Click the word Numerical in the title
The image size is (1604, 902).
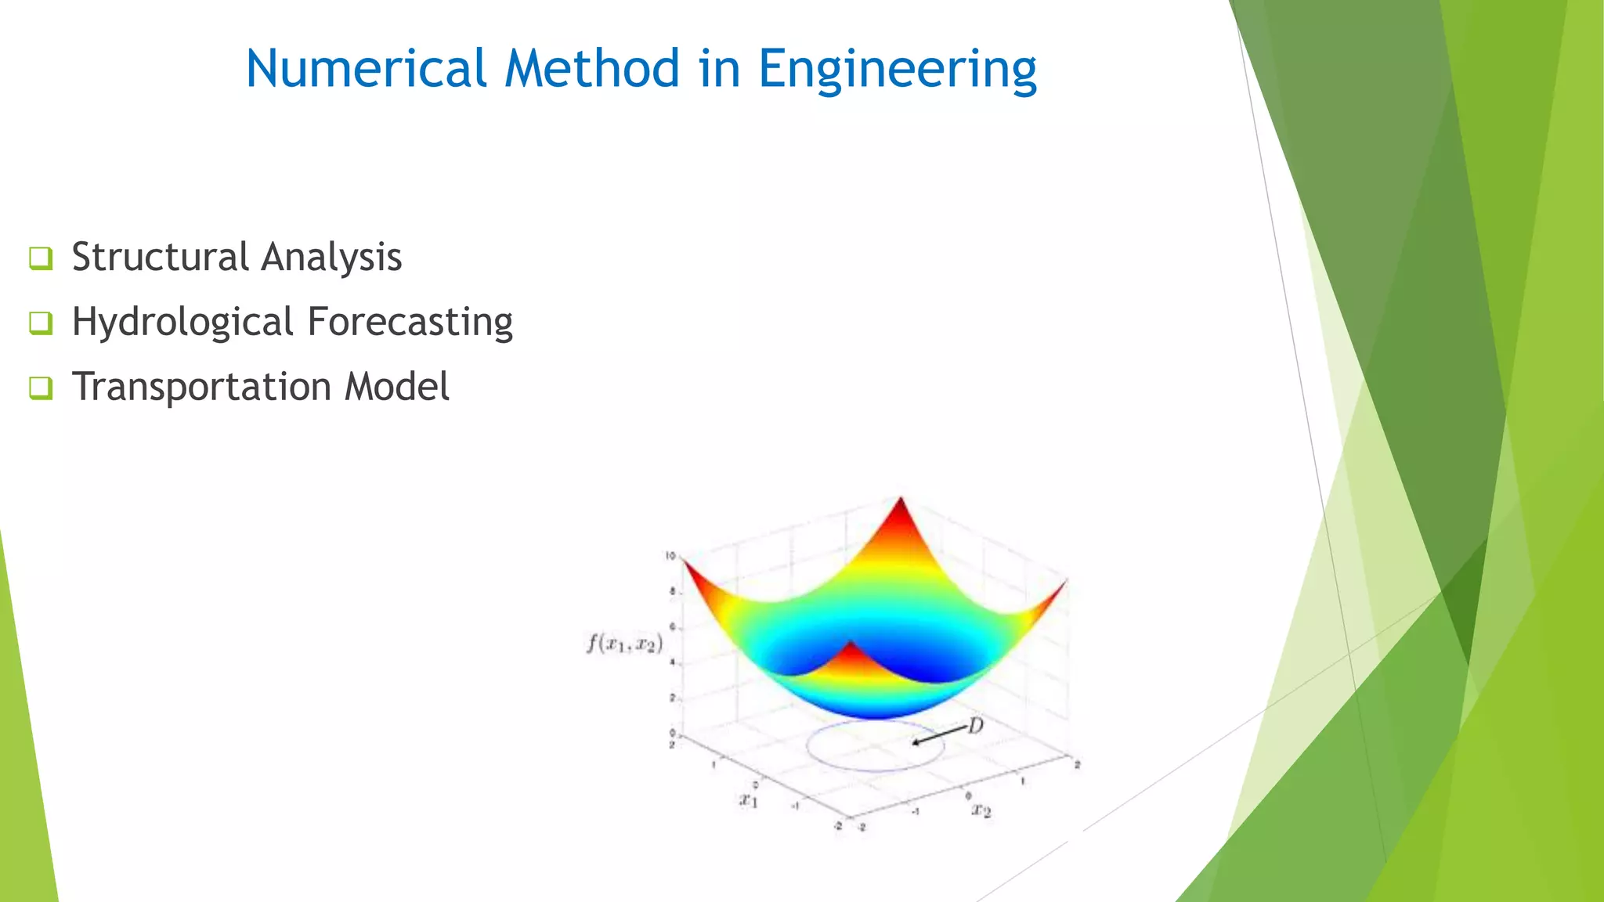pyautogui.click(x=366, y=69)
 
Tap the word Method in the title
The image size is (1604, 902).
pyautogui.click(x=592, y=69)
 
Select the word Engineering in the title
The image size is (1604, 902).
pyautogui.click(x=898, y=70)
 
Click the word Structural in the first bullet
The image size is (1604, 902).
pyautogui.click(x=161, y=257)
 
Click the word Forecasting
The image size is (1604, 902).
pyautogui.click(x=410, y=323)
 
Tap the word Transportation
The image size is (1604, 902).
pyautogui.click(x=201, y=387)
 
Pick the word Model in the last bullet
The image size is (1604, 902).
pyautogui.click(x=397, y=387)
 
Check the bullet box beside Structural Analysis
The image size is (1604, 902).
pyautogui.click(x=41, y=258)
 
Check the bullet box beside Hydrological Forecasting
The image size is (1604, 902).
pyautogui.click(x=41, y=323)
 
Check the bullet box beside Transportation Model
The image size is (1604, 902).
pyautogui.click(x=41, y=388)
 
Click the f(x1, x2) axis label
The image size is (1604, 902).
pyautogui.click(x=624, y=644)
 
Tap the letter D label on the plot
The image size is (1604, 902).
pyautogui.click(x=975, y=726)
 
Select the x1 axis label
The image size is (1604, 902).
pyautogui.click(x=748, y=799)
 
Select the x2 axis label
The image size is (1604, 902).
pyautogui.click(x=981, y=810)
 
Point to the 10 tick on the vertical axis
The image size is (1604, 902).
pyautogui.click(x=670, y=556)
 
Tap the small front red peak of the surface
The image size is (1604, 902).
pyautogui.click(x=851, y=651)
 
